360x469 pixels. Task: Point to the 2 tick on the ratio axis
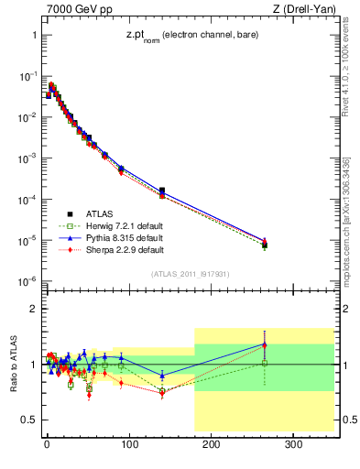tap(31, 310)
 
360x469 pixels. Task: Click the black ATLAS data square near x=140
tap(162, 191)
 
